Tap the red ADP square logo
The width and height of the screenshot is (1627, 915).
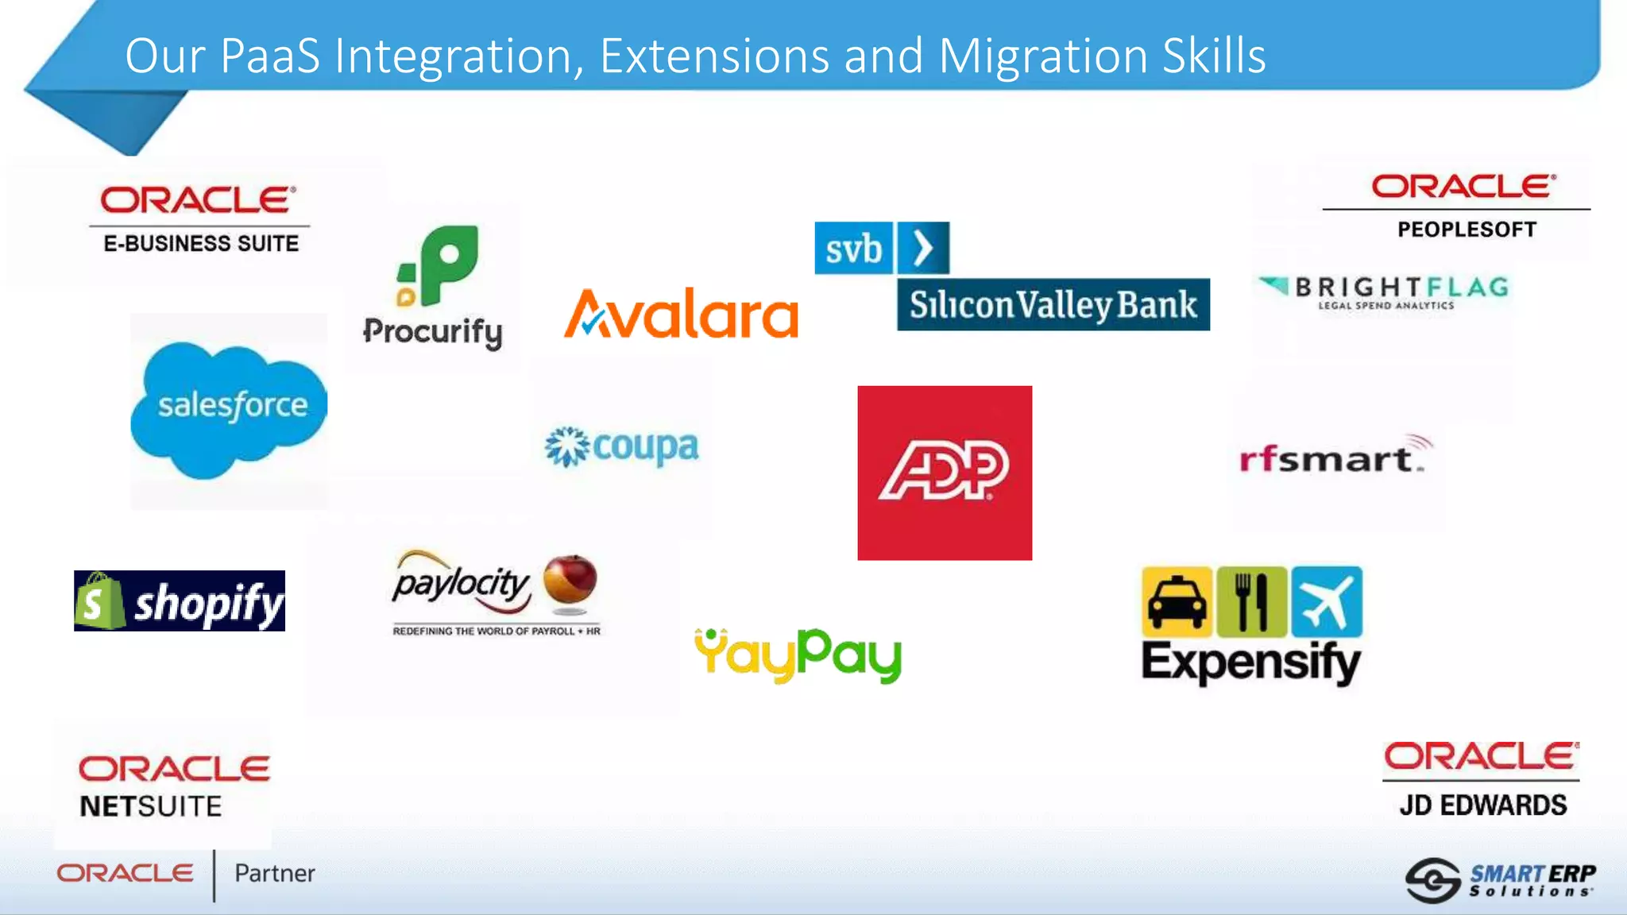945,473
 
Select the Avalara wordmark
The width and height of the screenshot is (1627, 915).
681,315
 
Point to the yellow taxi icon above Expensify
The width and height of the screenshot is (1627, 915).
1177,602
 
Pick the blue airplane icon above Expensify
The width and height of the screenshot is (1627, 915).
1327,602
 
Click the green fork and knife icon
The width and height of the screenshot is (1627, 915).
1251,602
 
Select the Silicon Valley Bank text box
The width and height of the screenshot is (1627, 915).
1053,304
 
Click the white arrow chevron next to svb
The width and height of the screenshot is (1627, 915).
922,248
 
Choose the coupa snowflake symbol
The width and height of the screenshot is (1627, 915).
566,446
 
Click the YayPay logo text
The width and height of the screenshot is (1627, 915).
798,655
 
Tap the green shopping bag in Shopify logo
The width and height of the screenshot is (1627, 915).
99,602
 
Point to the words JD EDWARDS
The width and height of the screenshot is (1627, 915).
1482,805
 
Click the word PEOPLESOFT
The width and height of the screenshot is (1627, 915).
1467,230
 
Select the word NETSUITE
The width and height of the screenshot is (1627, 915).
151,807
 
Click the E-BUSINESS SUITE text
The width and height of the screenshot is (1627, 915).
201,243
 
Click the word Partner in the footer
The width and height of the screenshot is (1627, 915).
274,874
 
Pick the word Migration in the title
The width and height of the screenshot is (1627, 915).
1044,56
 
